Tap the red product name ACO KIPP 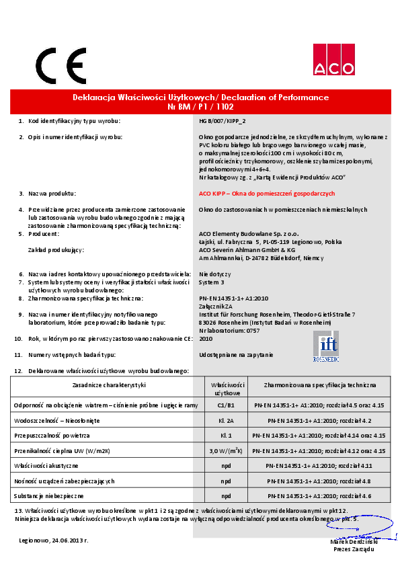click(x=267, y=193)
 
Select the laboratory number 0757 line click(x=230, y=331)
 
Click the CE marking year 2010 click(x=206, y=339)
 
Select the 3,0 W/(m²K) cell click(x=227, y=450)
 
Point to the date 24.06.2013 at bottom click(x=54, y=540)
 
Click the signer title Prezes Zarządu click(x=356, y=549)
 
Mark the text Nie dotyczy click(x=215, y=274)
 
